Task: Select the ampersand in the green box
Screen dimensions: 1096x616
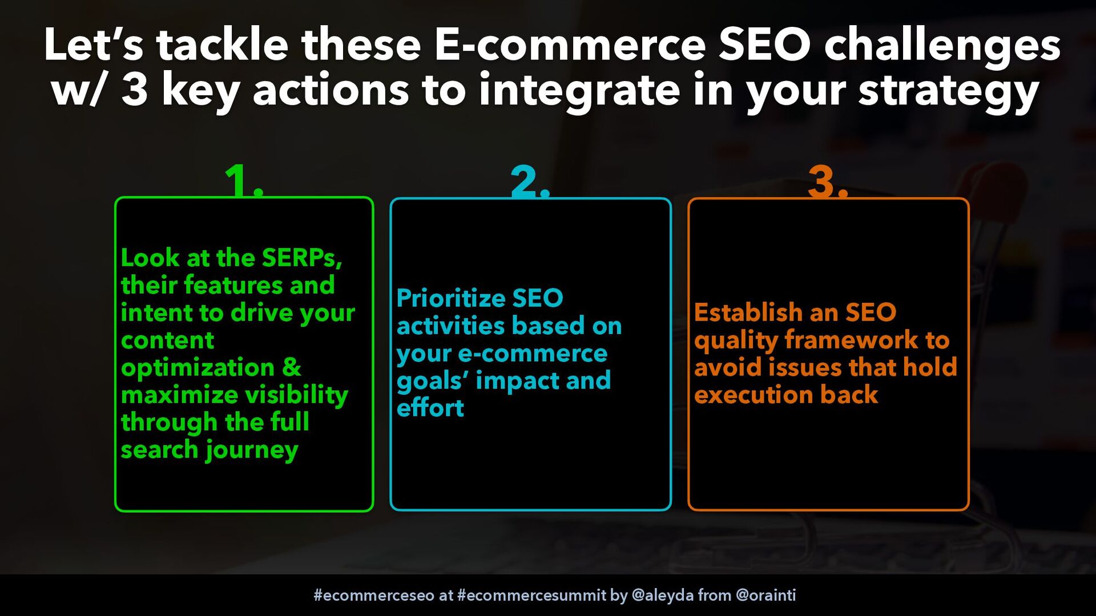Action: click(x=292, y=367)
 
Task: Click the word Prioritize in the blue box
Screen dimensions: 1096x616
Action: click(x=451, y=298)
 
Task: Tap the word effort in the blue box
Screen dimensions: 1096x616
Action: click(x=430, y=408)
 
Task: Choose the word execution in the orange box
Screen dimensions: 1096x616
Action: click(x=753, y=395)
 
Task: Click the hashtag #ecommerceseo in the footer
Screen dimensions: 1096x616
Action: click(x=374, y=595)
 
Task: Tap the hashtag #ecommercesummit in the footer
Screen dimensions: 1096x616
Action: click(x=531, y=595)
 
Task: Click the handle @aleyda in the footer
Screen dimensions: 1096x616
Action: click(x=663, y=595)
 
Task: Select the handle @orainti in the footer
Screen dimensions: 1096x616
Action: click(x=766, y=595)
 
